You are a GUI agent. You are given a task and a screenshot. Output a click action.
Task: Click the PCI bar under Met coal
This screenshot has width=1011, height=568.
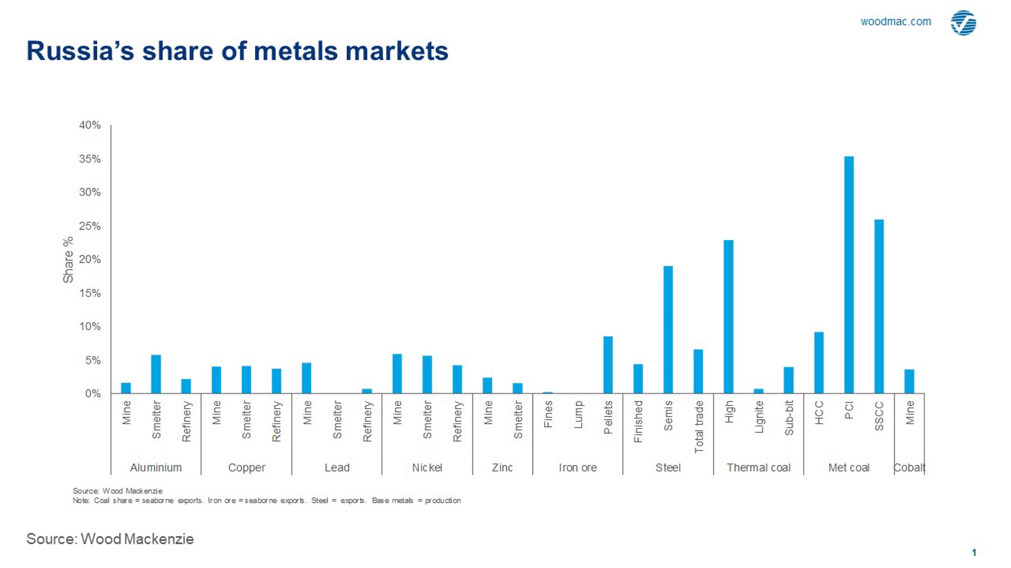849,275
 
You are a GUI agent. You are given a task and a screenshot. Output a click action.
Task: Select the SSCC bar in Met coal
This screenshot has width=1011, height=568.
879,306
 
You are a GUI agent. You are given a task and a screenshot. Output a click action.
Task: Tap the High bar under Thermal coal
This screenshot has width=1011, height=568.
728,317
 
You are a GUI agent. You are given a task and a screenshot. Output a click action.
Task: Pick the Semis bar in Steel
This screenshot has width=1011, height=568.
668,329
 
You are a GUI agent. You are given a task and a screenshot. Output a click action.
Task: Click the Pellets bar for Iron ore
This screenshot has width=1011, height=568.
608,365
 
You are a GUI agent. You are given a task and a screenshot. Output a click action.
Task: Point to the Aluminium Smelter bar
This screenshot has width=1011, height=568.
156,374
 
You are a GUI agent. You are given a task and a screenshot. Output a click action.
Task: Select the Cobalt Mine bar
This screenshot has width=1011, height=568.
909,381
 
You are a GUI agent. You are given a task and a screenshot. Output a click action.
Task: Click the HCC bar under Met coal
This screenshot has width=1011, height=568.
819,363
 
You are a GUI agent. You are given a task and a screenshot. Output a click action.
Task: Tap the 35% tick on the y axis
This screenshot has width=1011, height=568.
90,159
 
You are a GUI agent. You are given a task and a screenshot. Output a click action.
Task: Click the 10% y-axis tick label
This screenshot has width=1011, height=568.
90,327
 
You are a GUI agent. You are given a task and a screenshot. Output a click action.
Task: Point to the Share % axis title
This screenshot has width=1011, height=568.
68,260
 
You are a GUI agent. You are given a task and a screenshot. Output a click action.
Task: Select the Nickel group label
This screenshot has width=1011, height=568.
427,468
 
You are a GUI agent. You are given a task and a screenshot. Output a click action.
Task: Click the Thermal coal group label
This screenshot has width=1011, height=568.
758,468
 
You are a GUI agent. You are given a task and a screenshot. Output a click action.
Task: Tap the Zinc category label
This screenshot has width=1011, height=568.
502,468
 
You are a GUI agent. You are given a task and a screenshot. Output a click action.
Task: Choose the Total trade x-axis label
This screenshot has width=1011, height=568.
699,427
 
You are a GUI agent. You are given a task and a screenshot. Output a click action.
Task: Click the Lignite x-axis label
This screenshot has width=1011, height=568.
759,416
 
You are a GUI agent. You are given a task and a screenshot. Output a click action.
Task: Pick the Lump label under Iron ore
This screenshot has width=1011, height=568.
578,414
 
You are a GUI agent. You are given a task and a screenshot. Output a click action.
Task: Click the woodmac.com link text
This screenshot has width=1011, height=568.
895,21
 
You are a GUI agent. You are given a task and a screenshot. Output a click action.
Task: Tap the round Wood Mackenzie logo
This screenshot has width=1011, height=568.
963,22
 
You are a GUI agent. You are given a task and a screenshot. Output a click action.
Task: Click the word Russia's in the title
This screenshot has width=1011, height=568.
80,51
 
